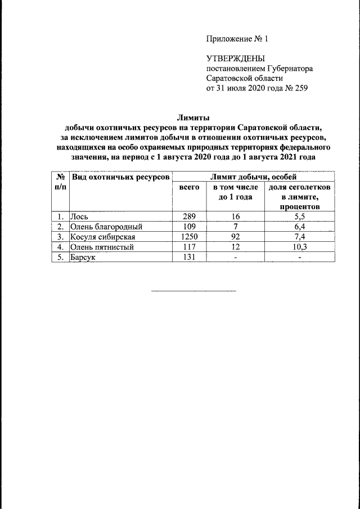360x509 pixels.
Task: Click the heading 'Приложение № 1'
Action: coord(238,39)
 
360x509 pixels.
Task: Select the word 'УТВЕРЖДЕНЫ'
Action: coord(235,58)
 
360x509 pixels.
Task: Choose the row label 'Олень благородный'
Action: coord(105,227)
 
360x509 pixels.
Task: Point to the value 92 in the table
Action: coord(235,237)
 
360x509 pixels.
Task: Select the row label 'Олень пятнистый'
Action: coord(102,247)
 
